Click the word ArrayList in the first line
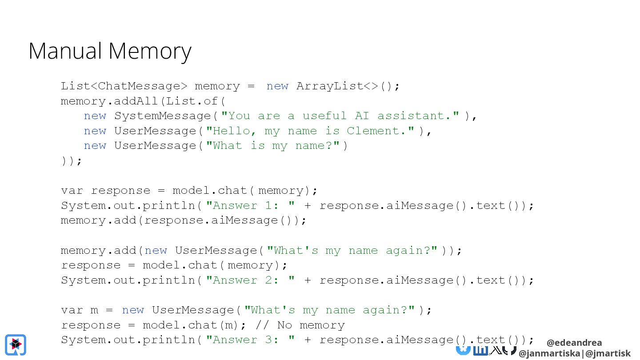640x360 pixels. pos(329,86)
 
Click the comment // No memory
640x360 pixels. pos(300,325)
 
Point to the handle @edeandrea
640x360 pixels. pos(574,343)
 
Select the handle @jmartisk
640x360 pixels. pos(608,354)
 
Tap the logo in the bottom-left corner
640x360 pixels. pos(16,344)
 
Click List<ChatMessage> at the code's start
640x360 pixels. pos(121,86)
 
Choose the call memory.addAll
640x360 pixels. pos(109,101)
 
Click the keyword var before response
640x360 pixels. pos(72,191)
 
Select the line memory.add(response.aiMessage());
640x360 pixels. pos(184,220)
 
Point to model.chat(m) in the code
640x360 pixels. pos(191,325)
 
